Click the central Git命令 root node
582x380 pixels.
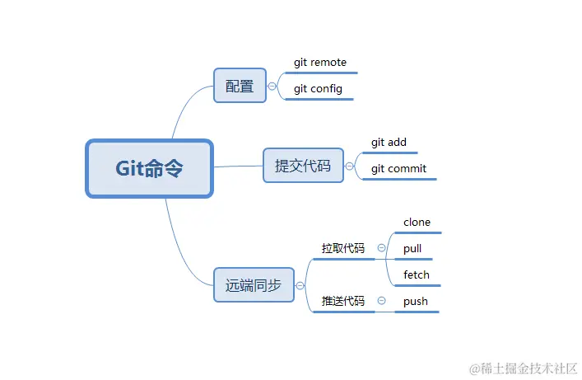149,168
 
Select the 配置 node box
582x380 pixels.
240,86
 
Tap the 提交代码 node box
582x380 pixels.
303,166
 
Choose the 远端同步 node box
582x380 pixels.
254,286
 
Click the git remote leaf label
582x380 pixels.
320,63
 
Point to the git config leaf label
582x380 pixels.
318,89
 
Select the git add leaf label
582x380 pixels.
389,143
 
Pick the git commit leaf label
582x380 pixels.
398,169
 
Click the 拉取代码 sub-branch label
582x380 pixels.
342,248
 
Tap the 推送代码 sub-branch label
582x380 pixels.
342,301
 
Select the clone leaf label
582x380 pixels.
417,223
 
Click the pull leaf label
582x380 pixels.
412,248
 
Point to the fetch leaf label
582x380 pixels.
417,274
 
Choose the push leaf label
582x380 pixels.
416,301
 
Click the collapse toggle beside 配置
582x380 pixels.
272,86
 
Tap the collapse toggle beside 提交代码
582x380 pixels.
350,166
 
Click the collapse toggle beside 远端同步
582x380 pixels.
300,286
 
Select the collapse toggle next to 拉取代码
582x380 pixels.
381,247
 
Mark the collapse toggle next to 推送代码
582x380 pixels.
381,301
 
